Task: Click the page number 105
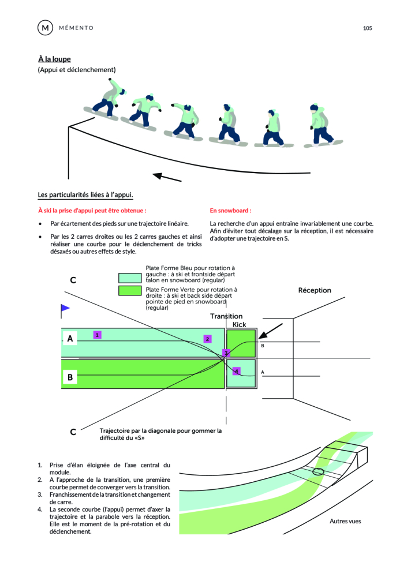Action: pyautogui.click(x=368, y=28)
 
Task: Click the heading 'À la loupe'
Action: pyautogui.click(x=54, y=59)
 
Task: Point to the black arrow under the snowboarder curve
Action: pyautogui.click(x=167, y=176)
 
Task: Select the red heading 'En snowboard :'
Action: pyautogui.click(x=230, y=211)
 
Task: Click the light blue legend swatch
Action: pyautogui.click(x=130, y=278)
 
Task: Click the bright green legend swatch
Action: pyautogui.click(x=130, y=290)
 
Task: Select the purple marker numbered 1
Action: pyautogui.click(x=98, y=335)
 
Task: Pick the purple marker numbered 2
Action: pyautogui.click(x=207, y=339)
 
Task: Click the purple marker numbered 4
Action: pyautogui.click(x=236, y=370)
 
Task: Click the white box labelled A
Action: pyautogui.click(x=70, y=339)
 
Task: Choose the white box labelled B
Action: pyautogui.click(x=70, y=377)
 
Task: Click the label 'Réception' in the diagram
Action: pyautogui.click(x=315, y=290)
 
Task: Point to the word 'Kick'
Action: pyautogui.click(x=239, y=325)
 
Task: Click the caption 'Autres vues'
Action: pyautogui.click(x=345, y=522)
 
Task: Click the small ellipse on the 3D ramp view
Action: pyautogui.click(x=317, y=472)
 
